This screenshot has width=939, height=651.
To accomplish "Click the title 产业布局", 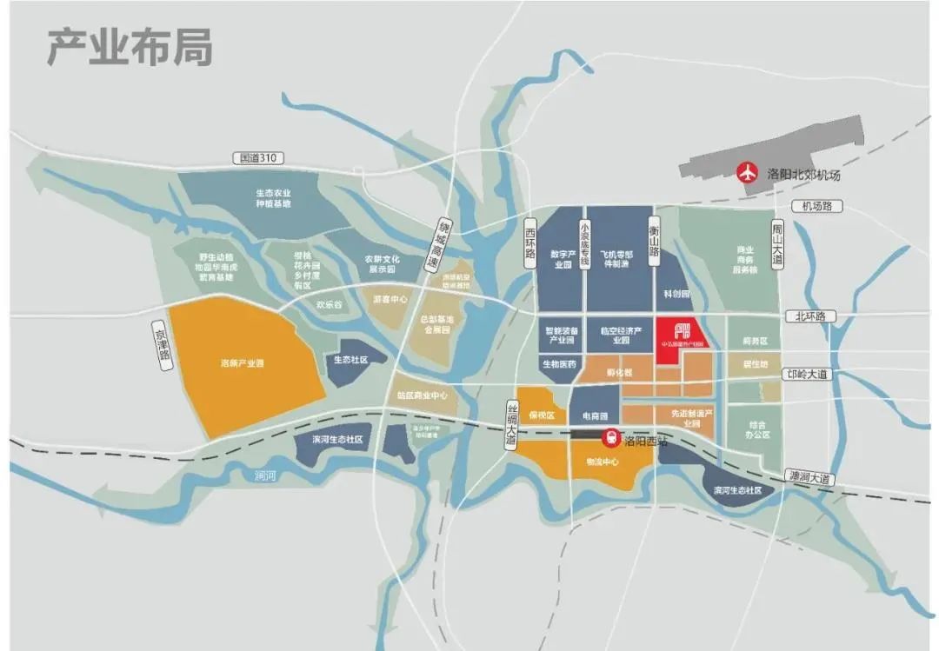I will point(129,49).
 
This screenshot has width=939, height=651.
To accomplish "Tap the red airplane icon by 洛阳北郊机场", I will point(746,173).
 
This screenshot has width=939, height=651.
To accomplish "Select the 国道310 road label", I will point(259,158).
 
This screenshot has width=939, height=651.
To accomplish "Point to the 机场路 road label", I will point(816,206).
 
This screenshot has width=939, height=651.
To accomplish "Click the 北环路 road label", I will point(809,316).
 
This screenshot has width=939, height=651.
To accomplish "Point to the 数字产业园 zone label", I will point(564,259).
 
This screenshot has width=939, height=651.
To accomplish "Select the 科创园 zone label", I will point(676,295).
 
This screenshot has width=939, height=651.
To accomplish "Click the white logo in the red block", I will point(683,333).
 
